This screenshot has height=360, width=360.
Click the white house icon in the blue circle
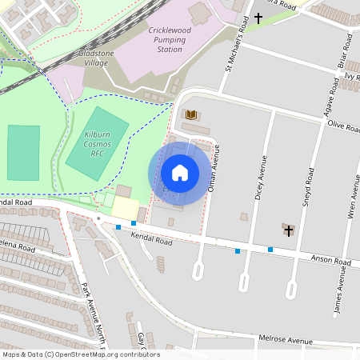point(179,173)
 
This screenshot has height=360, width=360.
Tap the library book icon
point(190,115)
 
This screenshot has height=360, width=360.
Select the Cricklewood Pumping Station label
point(166,39)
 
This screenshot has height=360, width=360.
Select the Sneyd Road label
point(306,189)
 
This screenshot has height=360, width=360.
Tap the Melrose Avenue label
point(285,340)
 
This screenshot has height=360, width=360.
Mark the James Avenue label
point(340,289)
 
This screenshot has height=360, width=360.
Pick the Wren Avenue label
point(353,199)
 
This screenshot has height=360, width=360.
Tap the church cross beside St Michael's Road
point(258,17)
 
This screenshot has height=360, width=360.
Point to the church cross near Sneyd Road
point(288,230)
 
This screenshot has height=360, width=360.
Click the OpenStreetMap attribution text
point(81,354)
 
